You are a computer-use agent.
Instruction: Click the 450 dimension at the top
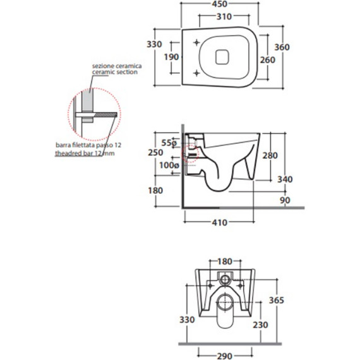(220, 4)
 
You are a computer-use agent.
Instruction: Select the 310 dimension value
(224, 17)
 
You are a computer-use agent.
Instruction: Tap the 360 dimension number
(282, 47)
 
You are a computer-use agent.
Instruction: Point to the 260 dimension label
(268, 60)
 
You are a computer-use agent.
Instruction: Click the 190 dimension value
(171, 57)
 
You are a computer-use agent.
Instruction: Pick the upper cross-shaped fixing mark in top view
(196, 42)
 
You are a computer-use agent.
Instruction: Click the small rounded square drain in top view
(222, 57)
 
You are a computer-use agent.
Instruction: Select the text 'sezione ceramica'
(117, 66)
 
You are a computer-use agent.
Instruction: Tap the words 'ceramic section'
(115, 72)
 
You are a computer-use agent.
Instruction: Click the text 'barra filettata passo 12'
(88, 145)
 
